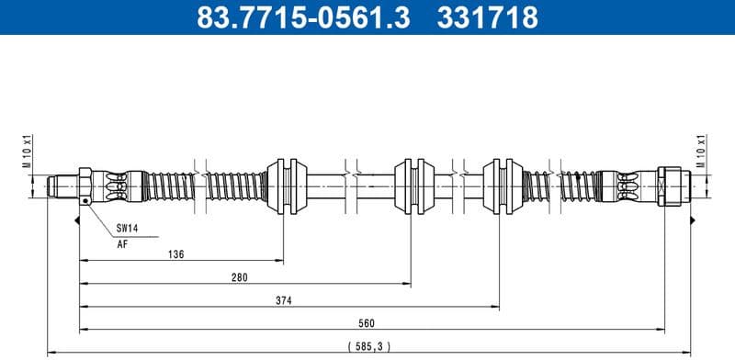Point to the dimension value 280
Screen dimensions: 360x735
pos(240,276)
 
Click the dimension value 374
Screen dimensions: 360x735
pos(284,299)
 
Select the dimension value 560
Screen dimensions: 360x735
pos(367,322)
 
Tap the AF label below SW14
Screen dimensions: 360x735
pos(121,244)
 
